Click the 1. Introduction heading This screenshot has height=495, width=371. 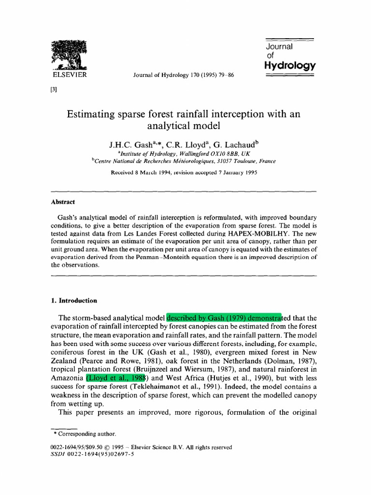tap(74, 300)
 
